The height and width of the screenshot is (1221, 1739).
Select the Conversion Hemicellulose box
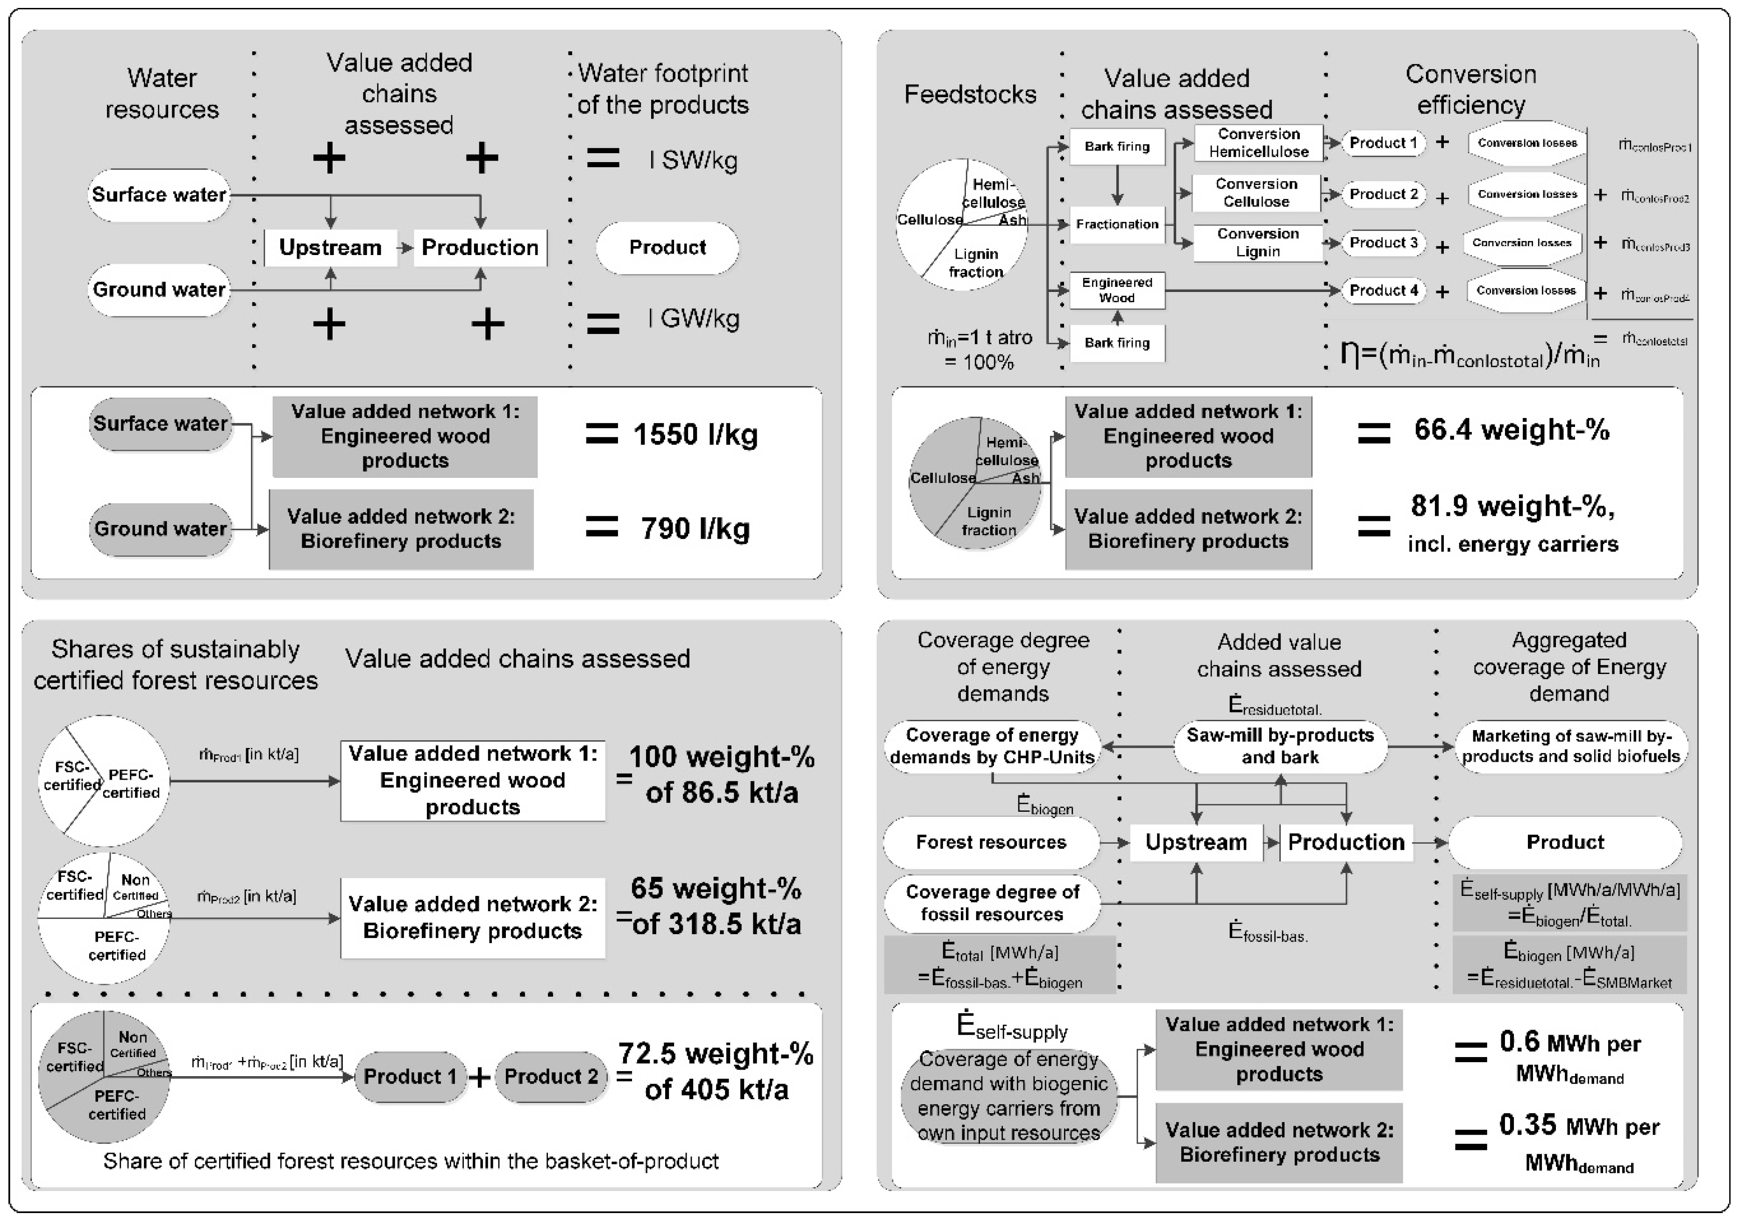(x=1258, y=143)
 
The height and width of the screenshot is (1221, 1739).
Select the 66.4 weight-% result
(x=1511, y=430)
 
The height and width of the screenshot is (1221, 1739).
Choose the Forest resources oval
(x=991, y=842)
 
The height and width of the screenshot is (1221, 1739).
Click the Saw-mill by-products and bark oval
(x=1280, y=746)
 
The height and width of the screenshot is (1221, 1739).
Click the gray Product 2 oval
(x=551, y=1076)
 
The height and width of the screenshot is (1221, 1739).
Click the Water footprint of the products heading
(x=663, y=89)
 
